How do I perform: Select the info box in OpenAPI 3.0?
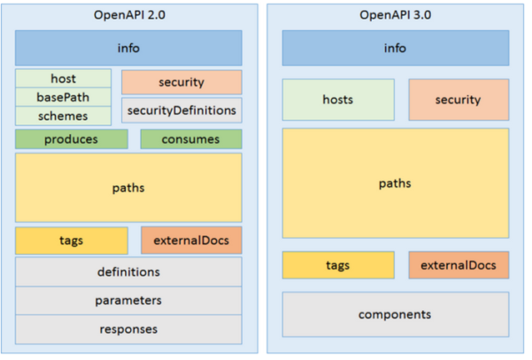394,47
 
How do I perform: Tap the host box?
63,78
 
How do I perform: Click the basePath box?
63,97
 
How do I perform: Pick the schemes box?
63,115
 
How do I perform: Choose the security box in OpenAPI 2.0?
181,82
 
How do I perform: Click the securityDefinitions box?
181,109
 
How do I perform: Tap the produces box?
71,139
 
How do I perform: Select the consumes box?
191,139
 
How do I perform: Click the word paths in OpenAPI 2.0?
128,187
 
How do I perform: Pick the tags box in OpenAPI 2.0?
71,240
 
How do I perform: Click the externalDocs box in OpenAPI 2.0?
191,240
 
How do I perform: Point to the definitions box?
128,272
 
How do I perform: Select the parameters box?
128,300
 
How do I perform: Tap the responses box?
128,328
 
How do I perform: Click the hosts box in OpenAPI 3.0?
337,100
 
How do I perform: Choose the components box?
394,314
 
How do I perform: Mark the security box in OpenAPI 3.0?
458,100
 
